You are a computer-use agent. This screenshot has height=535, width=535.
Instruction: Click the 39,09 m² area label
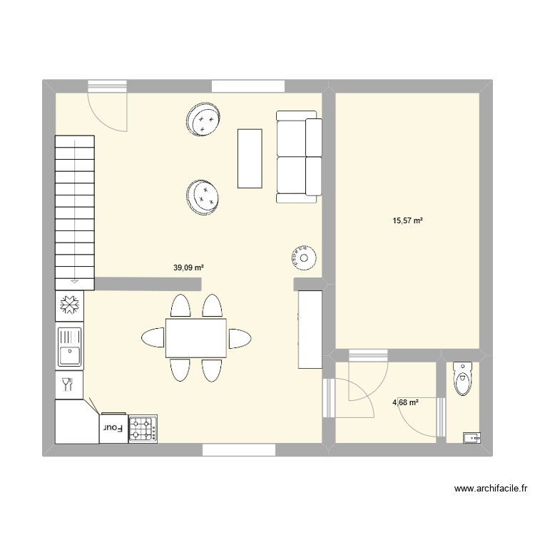(x=188, y=268)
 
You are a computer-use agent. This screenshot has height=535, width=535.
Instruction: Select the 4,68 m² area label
(x=405, y=403)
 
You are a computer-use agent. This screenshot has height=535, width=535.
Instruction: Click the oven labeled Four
(x=114, y=428)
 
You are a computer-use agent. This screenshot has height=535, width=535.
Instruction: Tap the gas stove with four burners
(x=143, y=429)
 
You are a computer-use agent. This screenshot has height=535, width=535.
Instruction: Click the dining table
(x=196, y=338)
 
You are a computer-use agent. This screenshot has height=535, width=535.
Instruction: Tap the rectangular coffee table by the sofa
(x=250, y=158)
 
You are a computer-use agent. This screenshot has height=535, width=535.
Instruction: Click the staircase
(x=75, y=212)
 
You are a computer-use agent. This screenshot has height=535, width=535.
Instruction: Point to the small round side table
(x=304, y=257)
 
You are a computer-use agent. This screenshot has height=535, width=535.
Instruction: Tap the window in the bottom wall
(x=239, y=450)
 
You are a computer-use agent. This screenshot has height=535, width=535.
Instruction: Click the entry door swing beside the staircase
(x=107, y=107)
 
